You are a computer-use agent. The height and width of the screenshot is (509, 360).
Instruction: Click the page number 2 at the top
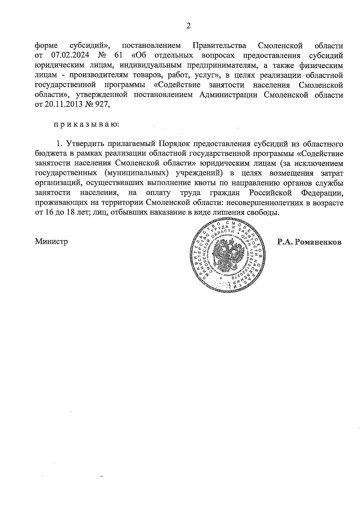point(188,26)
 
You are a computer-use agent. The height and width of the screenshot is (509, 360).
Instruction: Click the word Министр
point(51,241)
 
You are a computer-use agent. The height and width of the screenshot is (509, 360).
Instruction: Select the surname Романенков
point(318,242)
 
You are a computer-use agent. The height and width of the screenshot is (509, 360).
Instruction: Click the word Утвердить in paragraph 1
point(85,144)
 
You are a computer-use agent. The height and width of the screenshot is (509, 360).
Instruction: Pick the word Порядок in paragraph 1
point(173,144)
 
